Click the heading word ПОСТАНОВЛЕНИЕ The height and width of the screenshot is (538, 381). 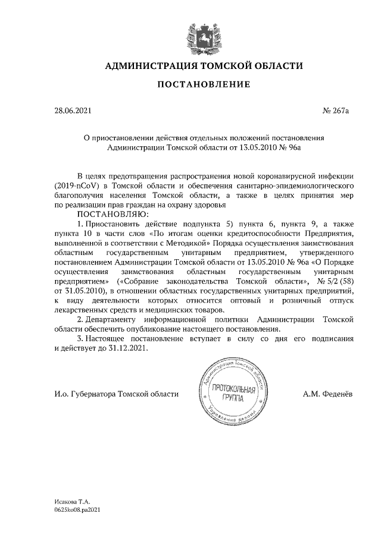pyautogui.click(x=203, y=85)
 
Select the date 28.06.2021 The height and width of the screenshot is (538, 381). pyautogui.click(x=73, y=110)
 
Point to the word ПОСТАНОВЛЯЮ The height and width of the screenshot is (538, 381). pyautogui.click(x=111, y=213)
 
